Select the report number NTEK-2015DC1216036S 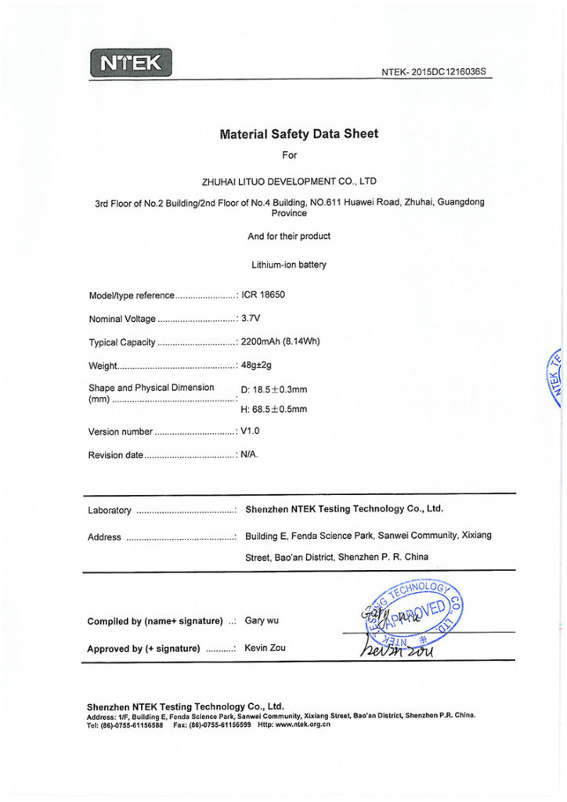(434, 72)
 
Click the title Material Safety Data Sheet (298, 134)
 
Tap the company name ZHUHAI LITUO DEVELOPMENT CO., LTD (289, 181)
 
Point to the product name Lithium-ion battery (289, 265)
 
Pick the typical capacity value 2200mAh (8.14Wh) (280, 341)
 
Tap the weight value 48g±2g (256, 365)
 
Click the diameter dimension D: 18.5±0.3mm (273, 389)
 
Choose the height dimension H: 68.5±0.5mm (273, 409)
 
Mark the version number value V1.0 (250, 432)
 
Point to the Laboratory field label (110, 511)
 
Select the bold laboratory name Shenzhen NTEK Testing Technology (344, 509)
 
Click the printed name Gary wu (262, 620)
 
